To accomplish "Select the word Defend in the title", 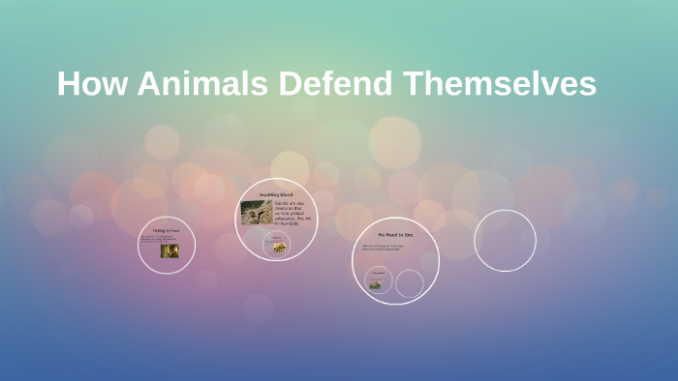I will pos(335,84).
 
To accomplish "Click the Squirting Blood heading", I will pos(276,195).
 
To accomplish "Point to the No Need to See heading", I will pos(395,235).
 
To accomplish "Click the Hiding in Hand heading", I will pos(167,230).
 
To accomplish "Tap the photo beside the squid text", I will pos(256,213).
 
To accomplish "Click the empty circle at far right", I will pos(505,240).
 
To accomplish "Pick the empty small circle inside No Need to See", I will pos(410,283).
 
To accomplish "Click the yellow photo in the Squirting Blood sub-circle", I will pos(279,248).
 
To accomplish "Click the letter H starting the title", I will pos(68,84).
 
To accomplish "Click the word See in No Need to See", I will pos(408,235).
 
